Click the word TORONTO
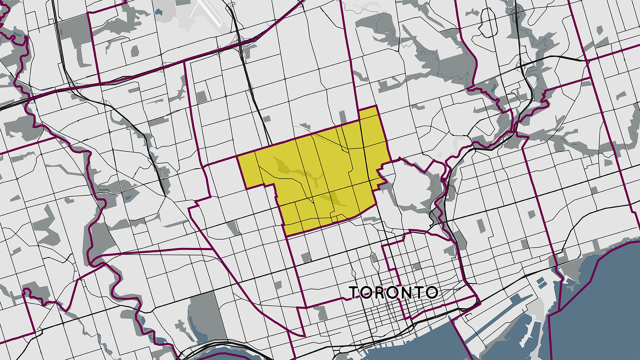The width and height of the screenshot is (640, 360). point(393,293)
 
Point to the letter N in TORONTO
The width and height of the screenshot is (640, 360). point(406,293)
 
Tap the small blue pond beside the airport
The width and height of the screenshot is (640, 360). point(159,12)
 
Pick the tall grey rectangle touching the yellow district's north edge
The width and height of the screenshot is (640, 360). point(343,117)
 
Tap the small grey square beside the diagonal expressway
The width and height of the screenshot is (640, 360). point(201,97)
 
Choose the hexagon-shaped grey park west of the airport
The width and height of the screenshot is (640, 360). point(135,51)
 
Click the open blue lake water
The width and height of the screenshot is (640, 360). point(600,317)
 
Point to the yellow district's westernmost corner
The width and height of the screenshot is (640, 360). point(238,157)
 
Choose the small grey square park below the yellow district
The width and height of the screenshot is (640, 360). point(306,257)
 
